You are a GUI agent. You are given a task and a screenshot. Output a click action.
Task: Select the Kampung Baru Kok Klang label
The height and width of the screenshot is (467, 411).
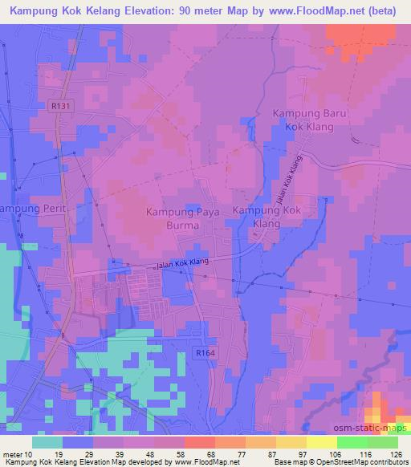tap(308, 121)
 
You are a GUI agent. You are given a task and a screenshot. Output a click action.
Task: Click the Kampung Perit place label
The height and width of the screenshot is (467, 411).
tap(26, 208)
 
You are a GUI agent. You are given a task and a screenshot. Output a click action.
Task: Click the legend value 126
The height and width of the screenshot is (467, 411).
tap(396, 453)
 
